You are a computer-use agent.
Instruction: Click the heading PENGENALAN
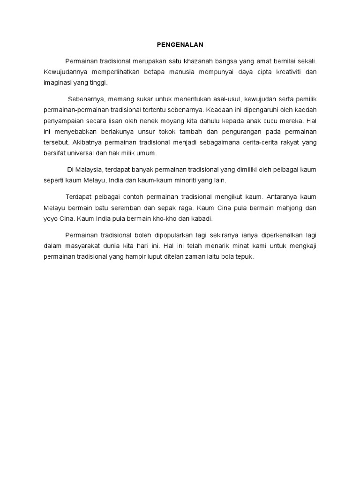pos(180,45)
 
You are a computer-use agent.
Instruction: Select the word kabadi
pos(203,218)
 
